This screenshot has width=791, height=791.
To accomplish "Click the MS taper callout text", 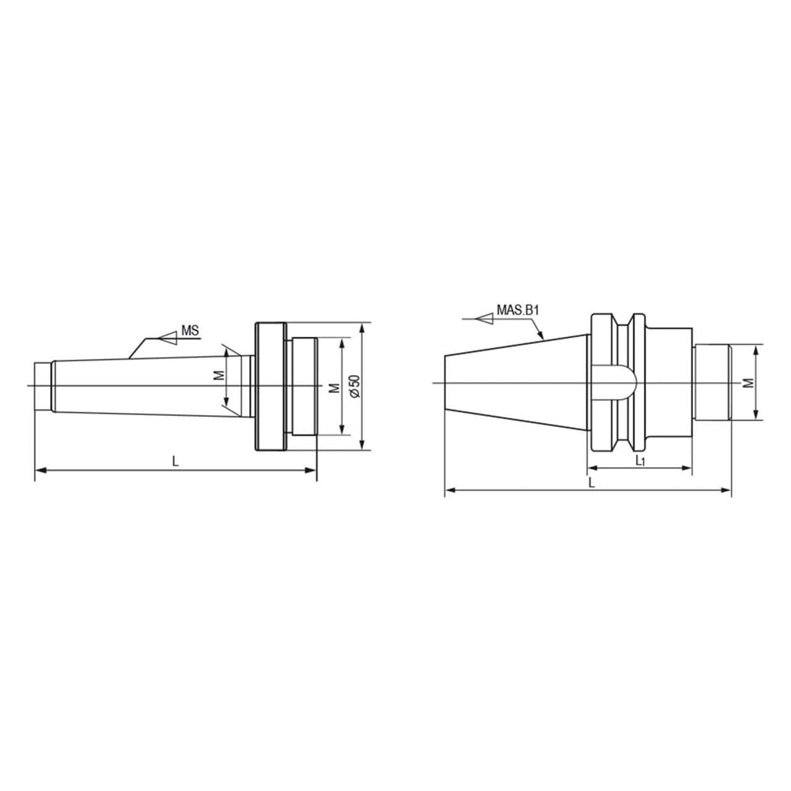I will click(189, 331).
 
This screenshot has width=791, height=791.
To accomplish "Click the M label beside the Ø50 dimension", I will click(333, 387).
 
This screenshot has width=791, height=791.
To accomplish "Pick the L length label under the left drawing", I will click(176, 461).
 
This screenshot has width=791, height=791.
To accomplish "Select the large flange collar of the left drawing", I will click(268, 385).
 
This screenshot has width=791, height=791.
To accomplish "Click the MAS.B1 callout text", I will click(517, 311).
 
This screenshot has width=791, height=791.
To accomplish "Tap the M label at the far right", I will click(747, 383).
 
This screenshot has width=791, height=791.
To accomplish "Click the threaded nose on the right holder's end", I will click(710, 383).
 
